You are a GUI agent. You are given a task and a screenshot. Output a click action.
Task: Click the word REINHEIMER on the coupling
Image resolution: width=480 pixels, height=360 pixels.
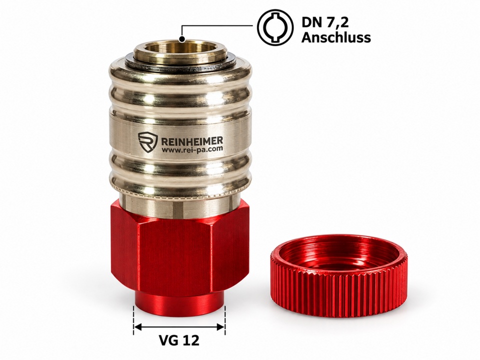click(x=192, y=141)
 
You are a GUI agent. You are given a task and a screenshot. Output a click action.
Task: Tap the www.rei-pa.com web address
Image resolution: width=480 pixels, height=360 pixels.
click(x=192, y=149)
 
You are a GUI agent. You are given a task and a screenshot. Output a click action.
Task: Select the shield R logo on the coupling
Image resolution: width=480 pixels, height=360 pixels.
click(x=148, y=142)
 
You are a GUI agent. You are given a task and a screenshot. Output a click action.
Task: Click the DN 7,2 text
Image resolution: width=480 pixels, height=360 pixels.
click(x=325, y=22)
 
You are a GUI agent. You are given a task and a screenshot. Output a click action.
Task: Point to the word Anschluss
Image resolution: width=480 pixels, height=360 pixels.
click(x=336, y=37)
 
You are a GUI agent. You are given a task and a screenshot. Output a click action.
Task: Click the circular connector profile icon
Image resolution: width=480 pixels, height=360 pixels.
click(x=275, y=27)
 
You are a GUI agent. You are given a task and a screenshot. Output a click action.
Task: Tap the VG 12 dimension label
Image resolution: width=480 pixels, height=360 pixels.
click(x=179, y=340)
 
